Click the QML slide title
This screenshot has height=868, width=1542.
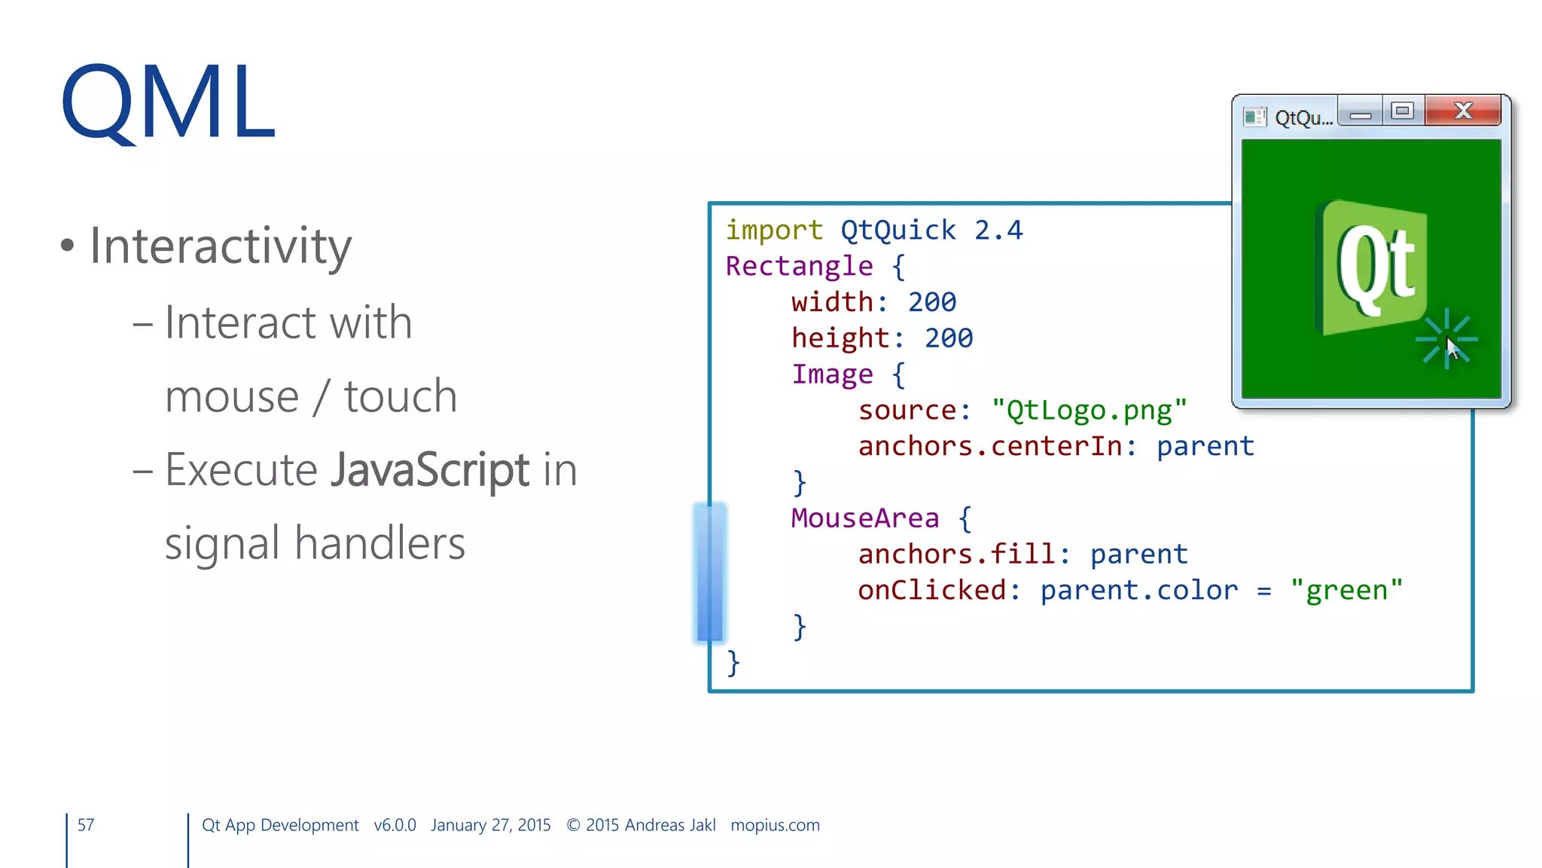point(168,102)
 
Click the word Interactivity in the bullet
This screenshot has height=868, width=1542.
point(221,246)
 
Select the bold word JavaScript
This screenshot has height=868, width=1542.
point(430,470)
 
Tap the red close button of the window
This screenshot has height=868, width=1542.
point(1462,112)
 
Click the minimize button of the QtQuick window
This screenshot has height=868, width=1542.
point(1360,113)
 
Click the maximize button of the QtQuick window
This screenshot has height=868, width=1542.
point(1402,112)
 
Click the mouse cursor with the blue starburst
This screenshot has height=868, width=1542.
point(1449,343)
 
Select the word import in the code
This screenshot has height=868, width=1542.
point(773,231)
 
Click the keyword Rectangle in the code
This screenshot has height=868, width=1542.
point(799,267)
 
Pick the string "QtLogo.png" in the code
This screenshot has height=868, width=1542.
point(1089,411)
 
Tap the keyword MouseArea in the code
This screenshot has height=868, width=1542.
point(864,518)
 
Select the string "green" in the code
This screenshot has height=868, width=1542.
point(1346,591)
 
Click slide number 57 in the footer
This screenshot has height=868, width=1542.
point(86,825)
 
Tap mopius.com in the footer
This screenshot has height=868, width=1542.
point(775,825)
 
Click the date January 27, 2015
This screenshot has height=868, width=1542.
point(490,825)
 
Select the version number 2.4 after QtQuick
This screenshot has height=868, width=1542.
point(998,231)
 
